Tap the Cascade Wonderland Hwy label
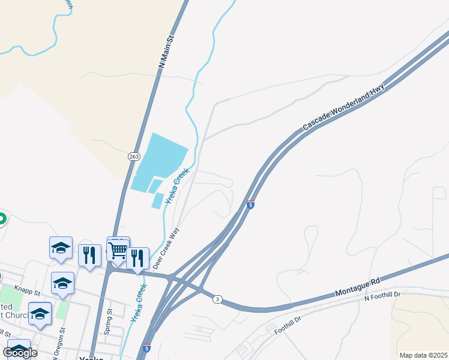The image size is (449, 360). coord(344,107)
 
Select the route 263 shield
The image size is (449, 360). coord(133,156)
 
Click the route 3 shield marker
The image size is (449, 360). coord(217,299)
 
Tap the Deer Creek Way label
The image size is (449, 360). coord(166,247)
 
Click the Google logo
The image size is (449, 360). coord(20,353)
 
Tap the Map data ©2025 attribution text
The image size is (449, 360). coord(424,355)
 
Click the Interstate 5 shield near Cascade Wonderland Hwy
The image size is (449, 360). coord(250,205)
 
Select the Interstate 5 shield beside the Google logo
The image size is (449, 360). coord(146,347)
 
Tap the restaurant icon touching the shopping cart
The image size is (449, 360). coord(137,258)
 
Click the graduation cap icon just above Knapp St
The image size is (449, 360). coord(62,282)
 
